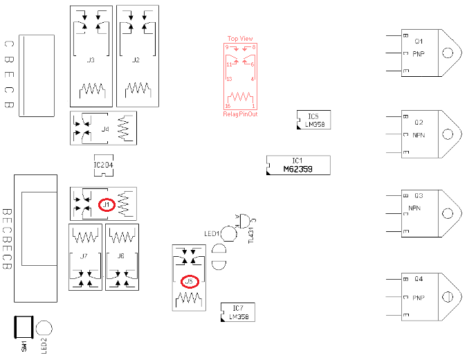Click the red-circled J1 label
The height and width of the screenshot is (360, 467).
click(106, 204)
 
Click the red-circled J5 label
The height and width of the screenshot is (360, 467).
click(188, 282)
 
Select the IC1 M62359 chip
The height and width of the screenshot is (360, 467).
click(298, 165)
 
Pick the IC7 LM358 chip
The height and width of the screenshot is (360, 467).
click(237, 312)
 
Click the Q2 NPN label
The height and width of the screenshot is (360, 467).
click(419, 129)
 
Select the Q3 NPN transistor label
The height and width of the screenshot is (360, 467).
click(415, 202)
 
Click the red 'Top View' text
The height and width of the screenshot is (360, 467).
click(240, 39)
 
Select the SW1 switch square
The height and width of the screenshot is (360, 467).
click(24, 327)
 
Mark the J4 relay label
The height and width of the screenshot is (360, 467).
click(105, 129)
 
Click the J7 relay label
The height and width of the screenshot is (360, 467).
click(84, 256)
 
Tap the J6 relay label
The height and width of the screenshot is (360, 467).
click(121, 256)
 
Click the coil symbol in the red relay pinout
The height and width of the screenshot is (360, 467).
click(240, 97)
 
